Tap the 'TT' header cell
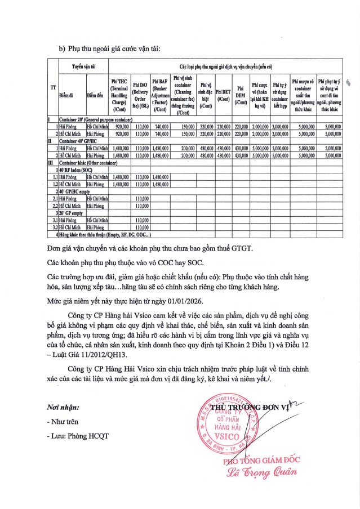point(53,88)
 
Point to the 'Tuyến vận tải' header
point(86,66)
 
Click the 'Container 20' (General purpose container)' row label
point(99,120)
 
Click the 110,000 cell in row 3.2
point(142,227)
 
